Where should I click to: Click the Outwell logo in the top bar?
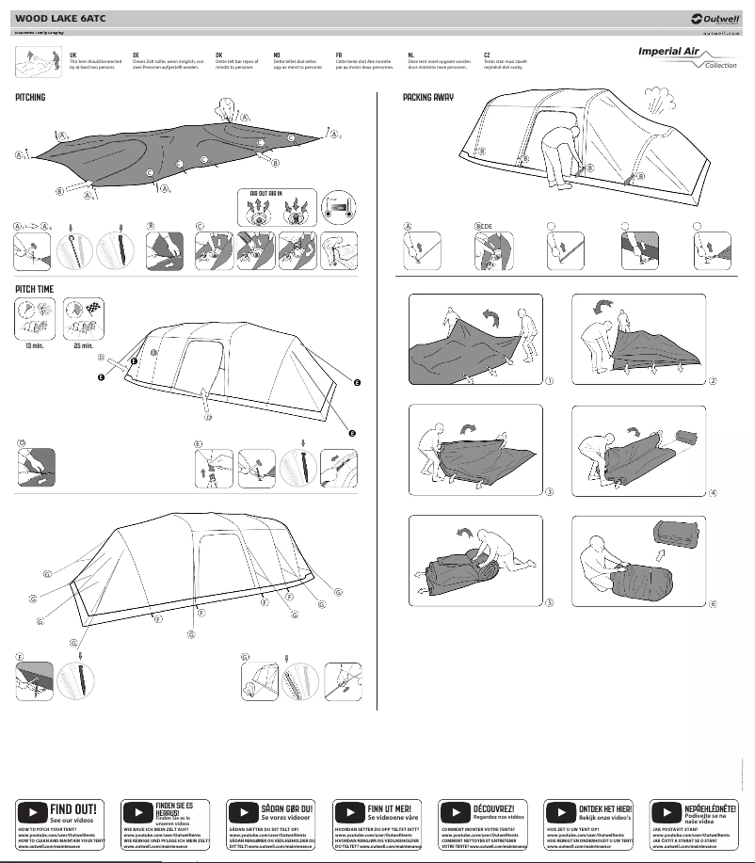click(x=715, y=17)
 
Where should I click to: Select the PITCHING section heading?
click(x=30, y=98)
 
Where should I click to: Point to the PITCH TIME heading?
click(x=35, y=289)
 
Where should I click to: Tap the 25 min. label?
click(x=83, y=346)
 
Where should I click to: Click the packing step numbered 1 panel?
click(x=475, y=339)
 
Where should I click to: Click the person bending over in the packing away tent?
click(x=565, y=151)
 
